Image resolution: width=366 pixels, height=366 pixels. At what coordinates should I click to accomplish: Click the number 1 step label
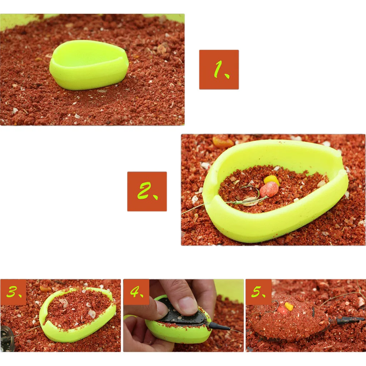219,69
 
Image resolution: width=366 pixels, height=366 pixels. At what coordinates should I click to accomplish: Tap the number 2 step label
147,191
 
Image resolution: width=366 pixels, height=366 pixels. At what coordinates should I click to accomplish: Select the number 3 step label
14,292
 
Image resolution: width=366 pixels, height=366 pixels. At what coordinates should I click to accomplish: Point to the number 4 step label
136,292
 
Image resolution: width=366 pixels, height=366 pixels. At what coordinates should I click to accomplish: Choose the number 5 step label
258,292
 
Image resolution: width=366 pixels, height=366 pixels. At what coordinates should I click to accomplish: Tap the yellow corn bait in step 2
272,179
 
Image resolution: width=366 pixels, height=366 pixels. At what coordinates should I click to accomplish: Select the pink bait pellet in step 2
269,189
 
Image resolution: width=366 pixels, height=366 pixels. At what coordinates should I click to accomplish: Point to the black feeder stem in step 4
219,326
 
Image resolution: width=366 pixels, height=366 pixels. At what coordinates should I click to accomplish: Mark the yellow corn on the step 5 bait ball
289,306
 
